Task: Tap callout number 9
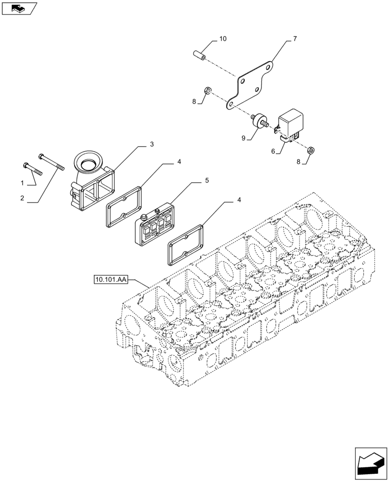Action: tap(244, 138)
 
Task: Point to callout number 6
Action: tap(273, 151)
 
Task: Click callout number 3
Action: tap(151, 144)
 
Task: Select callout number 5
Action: tap(207, 181)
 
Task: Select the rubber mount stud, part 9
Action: tap(259, 120)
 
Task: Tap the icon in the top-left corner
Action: tap(19, 8)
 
